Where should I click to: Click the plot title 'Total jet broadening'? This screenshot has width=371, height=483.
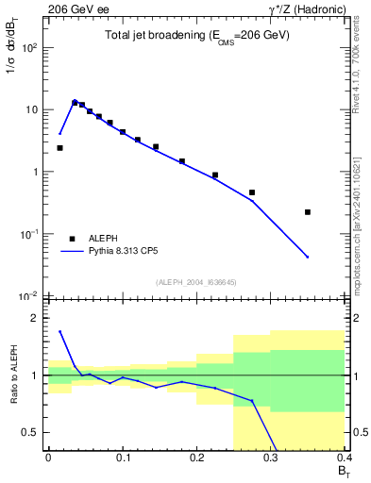coord(196,36)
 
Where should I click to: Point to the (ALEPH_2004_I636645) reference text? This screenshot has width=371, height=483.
coord(196,281)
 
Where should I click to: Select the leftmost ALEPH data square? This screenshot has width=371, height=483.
coord(59,148)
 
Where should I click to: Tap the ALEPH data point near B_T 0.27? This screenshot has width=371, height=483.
coord(252,192)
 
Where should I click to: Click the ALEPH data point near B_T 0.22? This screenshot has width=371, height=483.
coord(215,175)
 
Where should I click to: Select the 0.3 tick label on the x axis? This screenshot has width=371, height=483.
coord(271,458)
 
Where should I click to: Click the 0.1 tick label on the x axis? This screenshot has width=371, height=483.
coord(122,458)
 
